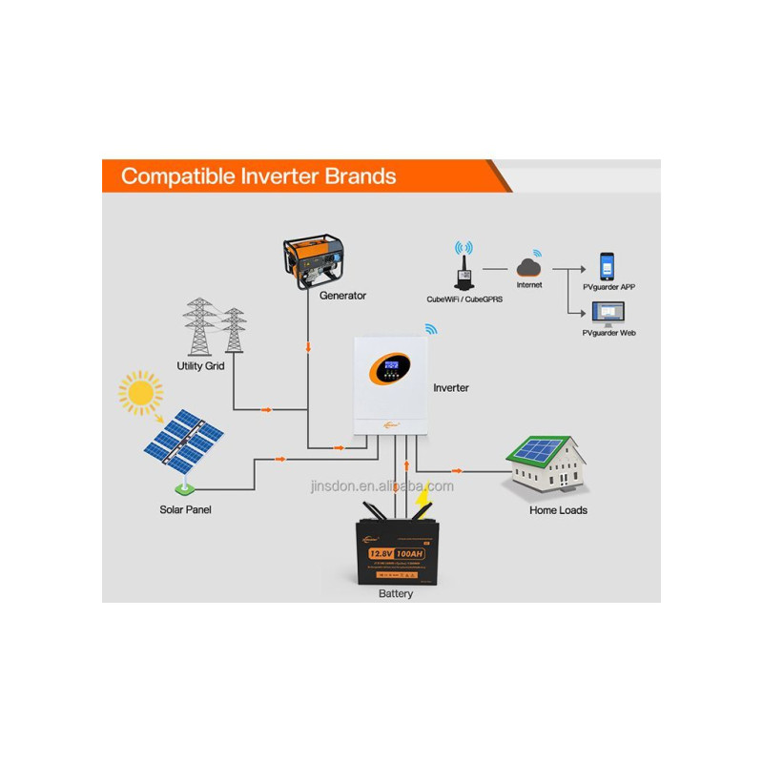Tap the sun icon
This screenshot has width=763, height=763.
pyautogui.click(x=140, y=392)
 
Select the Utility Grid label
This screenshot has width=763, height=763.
pyautogui.click(x=200, y=365)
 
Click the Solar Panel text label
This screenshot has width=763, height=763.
pyautogui.click(x=185, y=509)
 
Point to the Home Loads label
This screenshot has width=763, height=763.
pyautogui.click(x=558, y=510)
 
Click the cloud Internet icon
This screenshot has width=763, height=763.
pyautogui.click(x=529, y=264)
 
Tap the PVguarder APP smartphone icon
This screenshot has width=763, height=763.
pyautogui.click(x=608, y=266)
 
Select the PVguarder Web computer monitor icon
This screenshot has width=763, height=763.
pyautogui.click(x=608, y=313)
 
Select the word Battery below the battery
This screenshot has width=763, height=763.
pyautogui.click(x=396, y=594)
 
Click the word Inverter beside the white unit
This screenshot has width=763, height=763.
pyautogui.click(x=451, y=388)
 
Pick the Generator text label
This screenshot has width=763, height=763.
pyautogui.click(x=342, y=296)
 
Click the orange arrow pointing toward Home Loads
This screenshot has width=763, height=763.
pyautogui.click(x=457, y=470)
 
